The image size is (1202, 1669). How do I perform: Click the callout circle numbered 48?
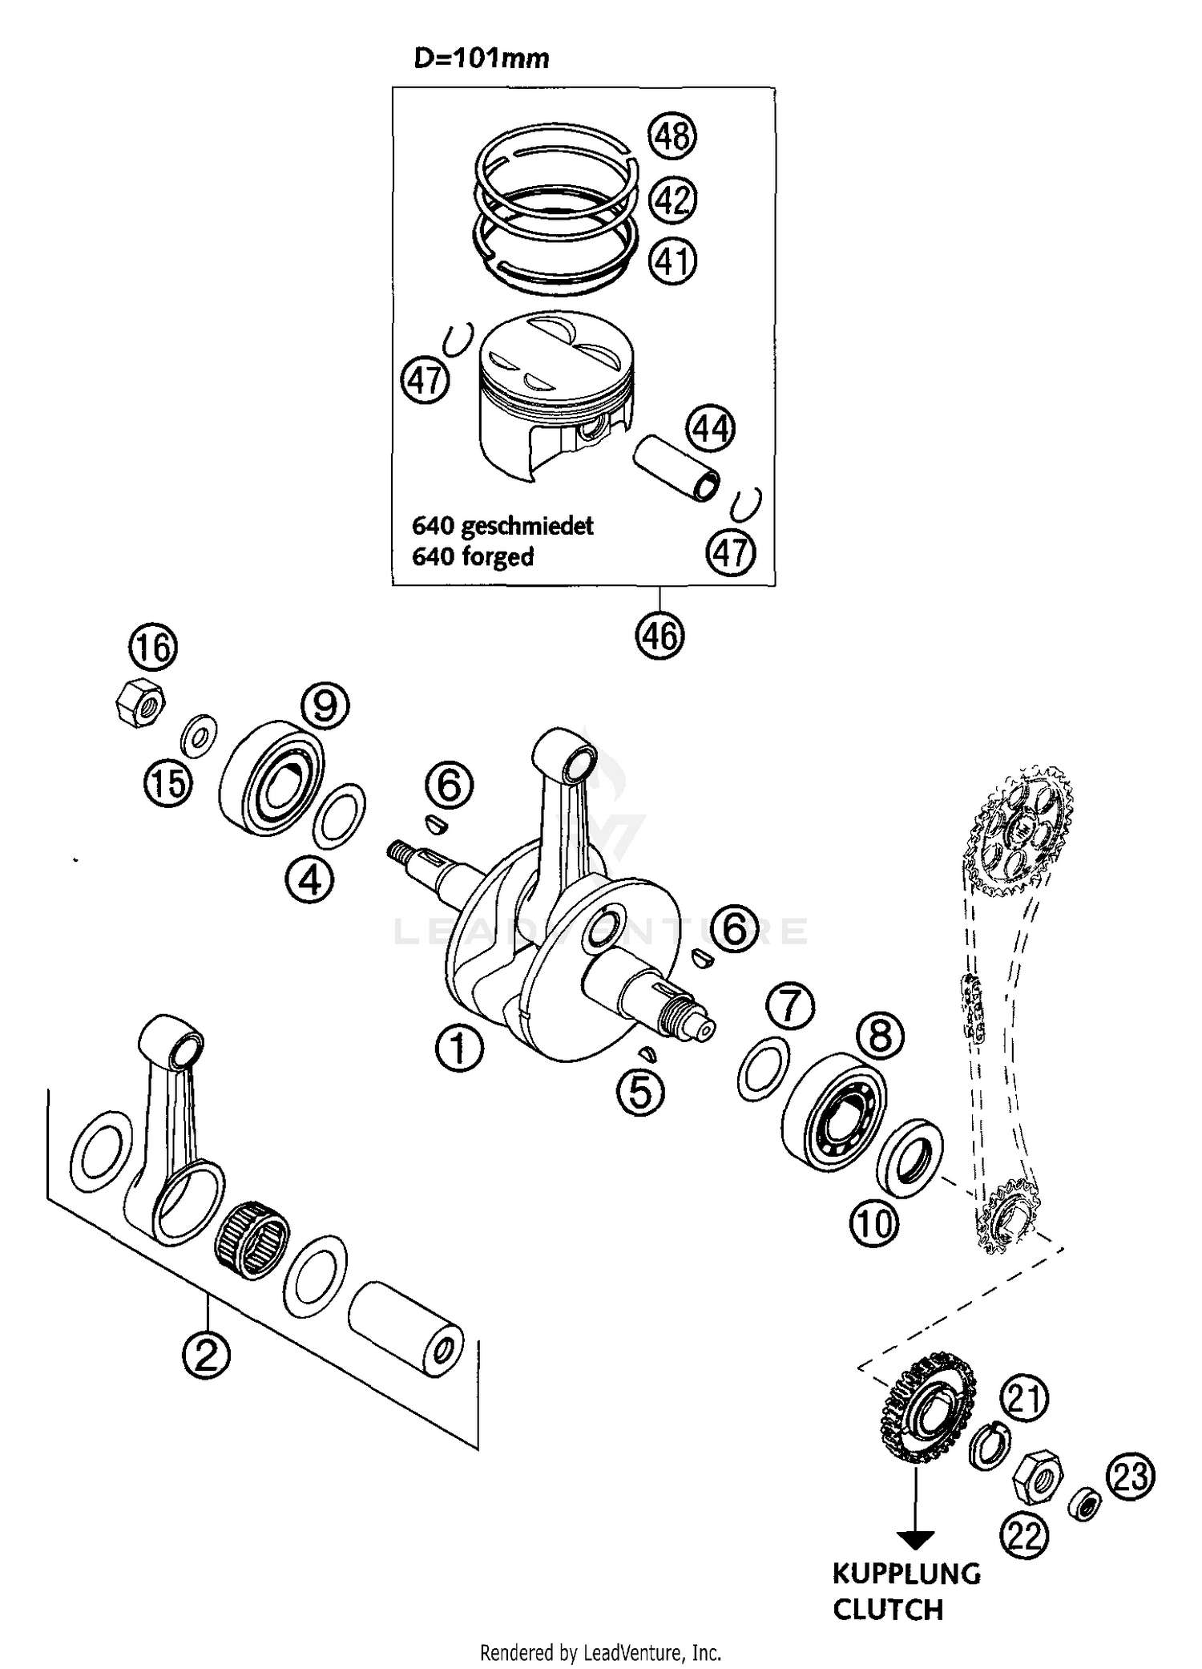pyautogui.click(x=672, y=135)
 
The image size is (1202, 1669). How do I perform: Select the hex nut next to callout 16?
pyautogui.click(x=139, y=702)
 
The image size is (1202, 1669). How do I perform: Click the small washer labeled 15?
pyautogui.click(x=197, y=734)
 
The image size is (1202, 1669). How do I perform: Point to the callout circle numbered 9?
pyautogui.click(x=325, y=705)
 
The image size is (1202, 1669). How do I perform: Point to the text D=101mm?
pyautogui.click(x=482, y=59)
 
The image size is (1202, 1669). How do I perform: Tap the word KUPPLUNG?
pyautogui.click(x=906, y=1574)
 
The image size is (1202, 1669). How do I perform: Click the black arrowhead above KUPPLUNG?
pyautogui.click(x=915, y=1540)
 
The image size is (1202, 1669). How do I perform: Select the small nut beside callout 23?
pyautogui.click(x=1086, y=1505)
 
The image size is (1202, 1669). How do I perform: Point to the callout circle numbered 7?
pyautogui.click(x=789, y=1006)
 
